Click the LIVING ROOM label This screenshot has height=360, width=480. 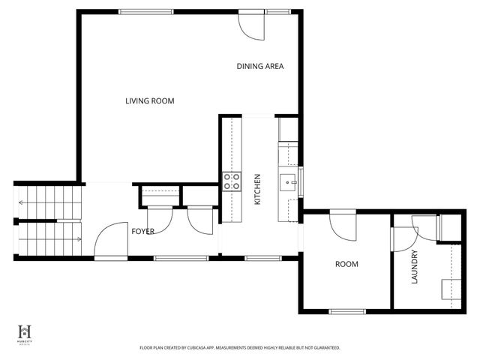tap(150, 100)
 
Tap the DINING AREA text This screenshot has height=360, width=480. tap(259, 66)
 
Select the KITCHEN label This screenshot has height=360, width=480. tap(257, 190)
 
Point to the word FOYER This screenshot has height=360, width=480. tap(142, 232)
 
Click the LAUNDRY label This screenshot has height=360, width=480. tap(413, 268)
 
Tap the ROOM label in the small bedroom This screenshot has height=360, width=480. tap(346, 264)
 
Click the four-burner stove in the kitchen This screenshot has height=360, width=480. tap(232, 181)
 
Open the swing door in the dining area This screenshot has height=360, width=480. tap(253, 25)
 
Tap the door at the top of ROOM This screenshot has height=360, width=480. tap(343, 222)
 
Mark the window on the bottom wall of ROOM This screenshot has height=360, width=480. tap(347, 310)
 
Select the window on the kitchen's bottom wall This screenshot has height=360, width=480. tap(262, 258)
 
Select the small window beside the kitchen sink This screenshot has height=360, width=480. tap(300, 179)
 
